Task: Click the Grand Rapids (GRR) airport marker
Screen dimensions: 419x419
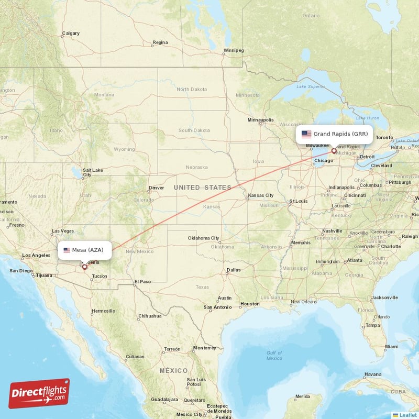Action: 334,151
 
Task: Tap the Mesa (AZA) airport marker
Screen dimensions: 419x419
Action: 84,267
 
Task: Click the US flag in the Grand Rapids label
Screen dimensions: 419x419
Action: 306,134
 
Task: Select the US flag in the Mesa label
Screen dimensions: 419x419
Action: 67,250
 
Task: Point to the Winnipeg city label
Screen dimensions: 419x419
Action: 233,51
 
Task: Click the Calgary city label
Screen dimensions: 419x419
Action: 71,34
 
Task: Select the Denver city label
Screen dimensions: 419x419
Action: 156,188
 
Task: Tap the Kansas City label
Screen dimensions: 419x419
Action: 261,195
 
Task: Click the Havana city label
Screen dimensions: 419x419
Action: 373,374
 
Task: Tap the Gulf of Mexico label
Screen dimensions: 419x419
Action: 274,356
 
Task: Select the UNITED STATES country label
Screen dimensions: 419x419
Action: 202,188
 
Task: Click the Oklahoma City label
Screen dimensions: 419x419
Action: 204,238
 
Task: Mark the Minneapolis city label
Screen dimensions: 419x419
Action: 260,120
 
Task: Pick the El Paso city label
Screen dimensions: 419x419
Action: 142,282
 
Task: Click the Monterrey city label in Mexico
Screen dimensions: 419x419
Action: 204,348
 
